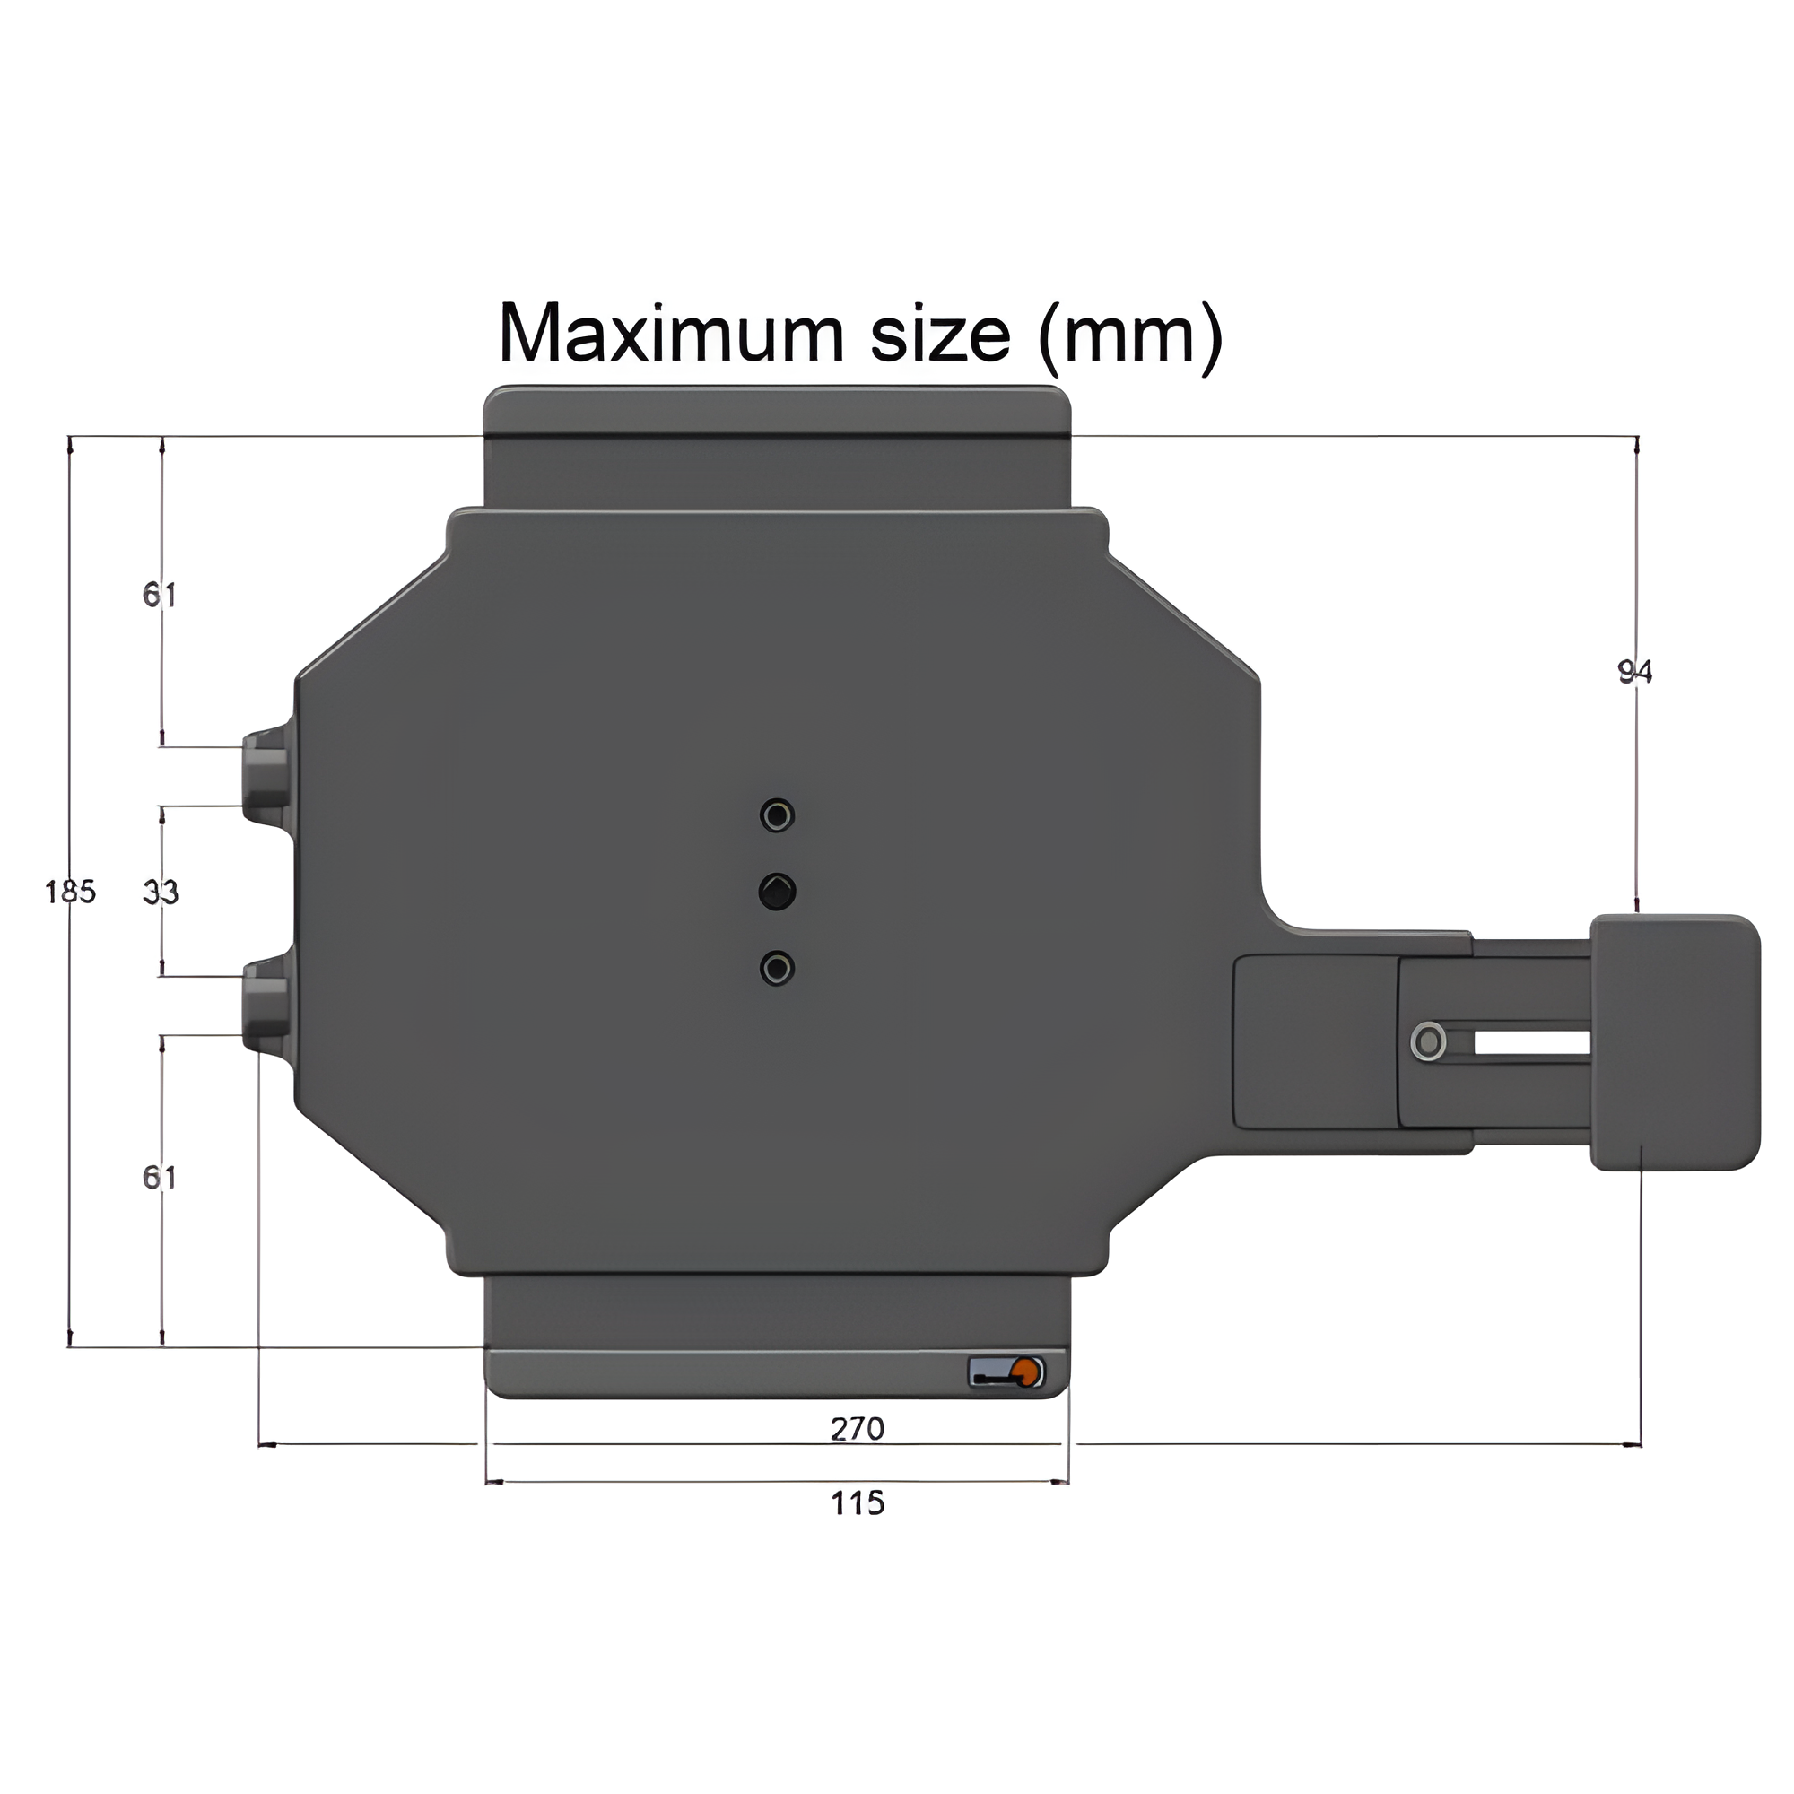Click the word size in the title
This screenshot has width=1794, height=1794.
(x=940, y=334)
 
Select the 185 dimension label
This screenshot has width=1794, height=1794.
(x=71, y=893)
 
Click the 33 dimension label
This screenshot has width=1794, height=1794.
(x=161, y=893)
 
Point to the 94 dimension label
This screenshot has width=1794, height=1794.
(x=1635, y=671)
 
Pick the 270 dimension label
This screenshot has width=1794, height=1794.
(x=857, y=1429)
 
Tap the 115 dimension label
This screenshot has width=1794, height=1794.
(x=857, y=1502)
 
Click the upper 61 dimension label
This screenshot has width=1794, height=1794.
(x=160, y=595)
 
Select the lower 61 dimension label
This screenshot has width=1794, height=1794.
(x=160, y=1178)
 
